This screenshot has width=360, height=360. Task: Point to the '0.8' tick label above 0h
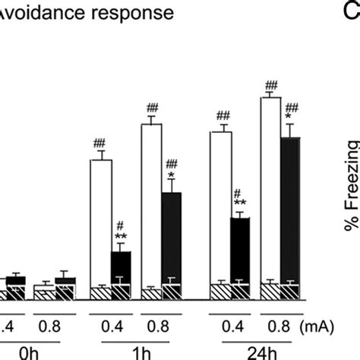[x=55, y=324]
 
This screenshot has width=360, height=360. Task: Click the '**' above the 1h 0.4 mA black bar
[x=121, y=236]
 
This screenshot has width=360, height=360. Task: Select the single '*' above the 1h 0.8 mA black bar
[x=172, y=175]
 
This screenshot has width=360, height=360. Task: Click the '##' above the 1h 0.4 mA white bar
[x=100, y=144]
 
